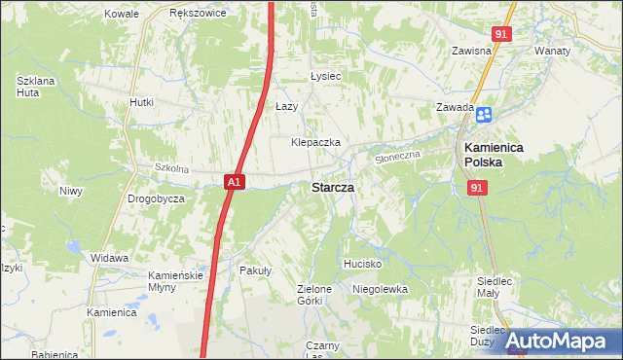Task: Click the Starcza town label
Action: (332, 187)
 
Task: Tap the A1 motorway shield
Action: (234, 181)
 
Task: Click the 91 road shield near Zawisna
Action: (500, 34)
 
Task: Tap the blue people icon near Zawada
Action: (484, 115)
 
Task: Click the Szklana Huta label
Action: (33, 86)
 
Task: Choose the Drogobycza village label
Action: (156, 198)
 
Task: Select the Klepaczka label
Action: (315, 142)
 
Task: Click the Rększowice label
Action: (198, 14)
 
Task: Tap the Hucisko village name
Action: (362, 264)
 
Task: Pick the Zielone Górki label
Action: (315, 295)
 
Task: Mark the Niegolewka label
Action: (380, 289)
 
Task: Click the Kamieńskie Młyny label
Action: (174, 281)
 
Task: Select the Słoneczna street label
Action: (397, 155)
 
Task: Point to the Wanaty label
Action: (552, 50)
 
